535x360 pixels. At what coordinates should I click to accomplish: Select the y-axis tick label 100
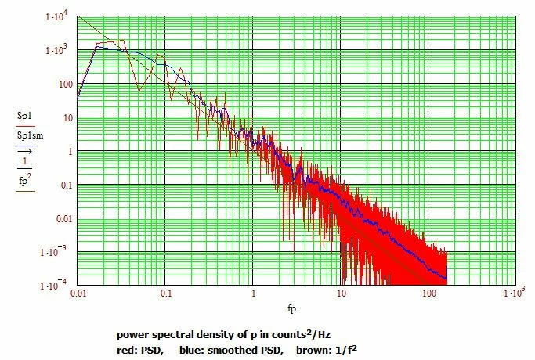tap(63, 85)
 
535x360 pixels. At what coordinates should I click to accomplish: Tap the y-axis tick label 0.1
tap(65, 185)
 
